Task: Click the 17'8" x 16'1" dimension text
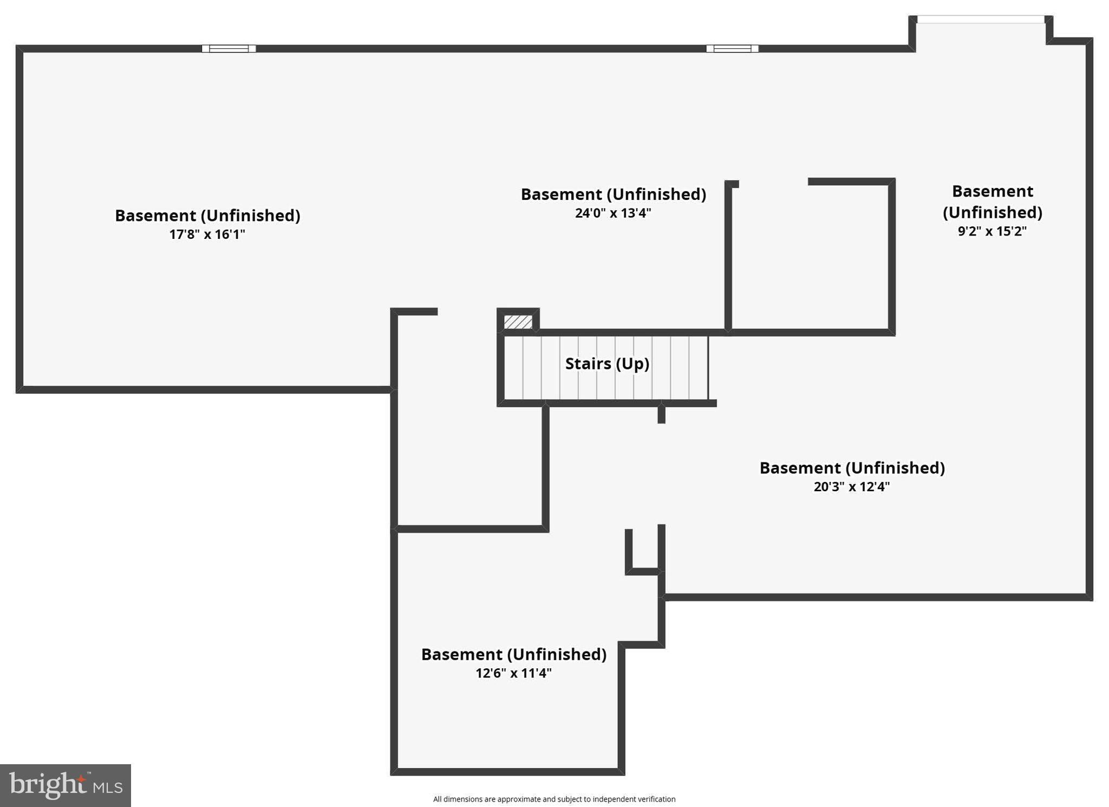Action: click(207, 235)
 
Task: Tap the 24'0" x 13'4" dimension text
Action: click(613, 213)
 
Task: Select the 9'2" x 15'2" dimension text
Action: click(992, 231)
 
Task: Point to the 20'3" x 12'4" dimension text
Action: click(852, 486)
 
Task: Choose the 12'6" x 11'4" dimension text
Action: click(513, 673)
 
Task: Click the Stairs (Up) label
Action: click(607, 363)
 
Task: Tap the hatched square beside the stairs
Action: click(518, 322)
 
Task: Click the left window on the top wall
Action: click(229, 49)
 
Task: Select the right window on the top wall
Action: click(732, 49)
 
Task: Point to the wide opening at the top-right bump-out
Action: click(981, 19)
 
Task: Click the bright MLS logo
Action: click(66, 785)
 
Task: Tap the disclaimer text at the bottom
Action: click(554, 799)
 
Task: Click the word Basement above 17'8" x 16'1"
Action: click(155, 216)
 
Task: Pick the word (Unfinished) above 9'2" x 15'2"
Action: click(993, 212)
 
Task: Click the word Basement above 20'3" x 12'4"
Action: click(800, 468)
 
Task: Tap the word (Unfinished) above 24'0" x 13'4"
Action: click(656, 194)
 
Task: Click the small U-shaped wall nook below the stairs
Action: click(645, 571)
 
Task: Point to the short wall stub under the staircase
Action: click(661, 413)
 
